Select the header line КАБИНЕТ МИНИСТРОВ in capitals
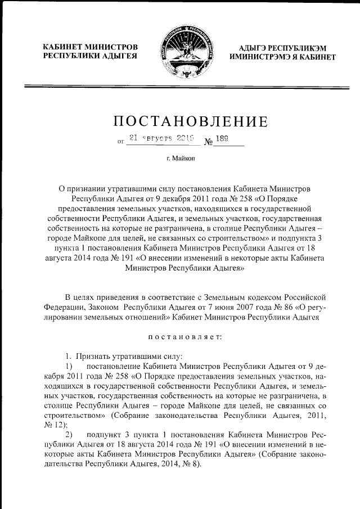point(91,47)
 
